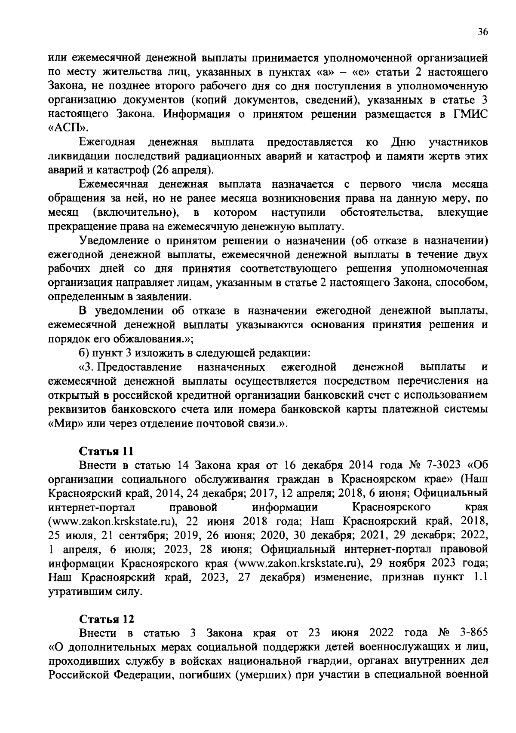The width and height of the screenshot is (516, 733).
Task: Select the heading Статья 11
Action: [106, 451]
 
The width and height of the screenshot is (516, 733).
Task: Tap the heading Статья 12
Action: [106, 619]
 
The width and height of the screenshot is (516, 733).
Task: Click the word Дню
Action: [403, 142]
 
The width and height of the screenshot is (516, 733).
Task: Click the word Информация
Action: [202, 114]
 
